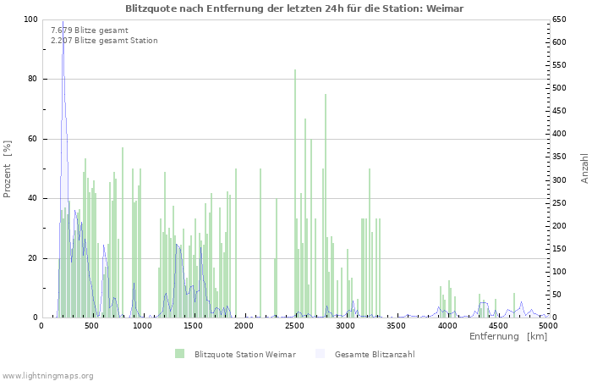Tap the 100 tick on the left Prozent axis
31,19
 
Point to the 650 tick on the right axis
562,19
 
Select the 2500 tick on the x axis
295,325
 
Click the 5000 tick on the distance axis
548,325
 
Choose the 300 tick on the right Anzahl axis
562,179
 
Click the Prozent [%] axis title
8,168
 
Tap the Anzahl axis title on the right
584,168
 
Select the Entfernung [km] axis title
507,337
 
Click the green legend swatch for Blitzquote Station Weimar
179,353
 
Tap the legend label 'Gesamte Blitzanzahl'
375,354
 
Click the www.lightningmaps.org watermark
47,375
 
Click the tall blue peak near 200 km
63,24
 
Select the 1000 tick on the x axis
143,325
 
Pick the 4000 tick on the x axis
447,325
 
